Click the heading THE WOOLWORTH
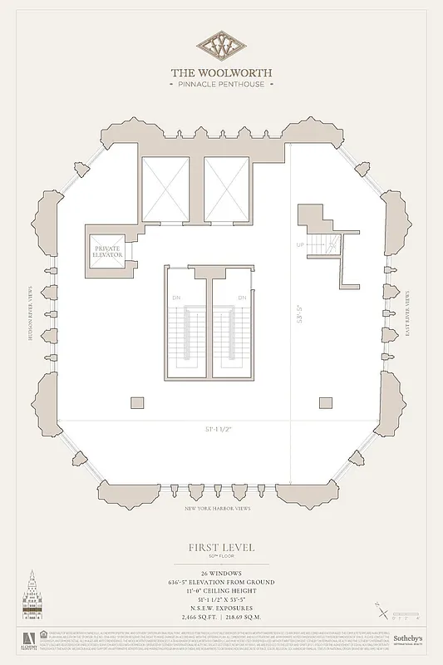[x=221, y=72]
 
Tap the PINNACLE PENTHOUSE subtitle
[x=221, y=84]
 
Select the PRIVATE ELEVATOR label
[x=107, y=251]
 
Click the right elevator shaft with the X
[x=226, y=189]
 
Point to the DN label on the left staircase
[x=175, y=297]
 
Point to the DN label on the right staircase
[x=243, y=297]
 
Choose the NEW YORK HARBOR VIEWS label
[x=221, y=508]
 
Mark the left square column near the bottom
[x=137, y=403]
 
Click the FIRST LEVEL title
[x=221, y=547]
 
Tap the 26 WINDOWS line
[x=221, y=574]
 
